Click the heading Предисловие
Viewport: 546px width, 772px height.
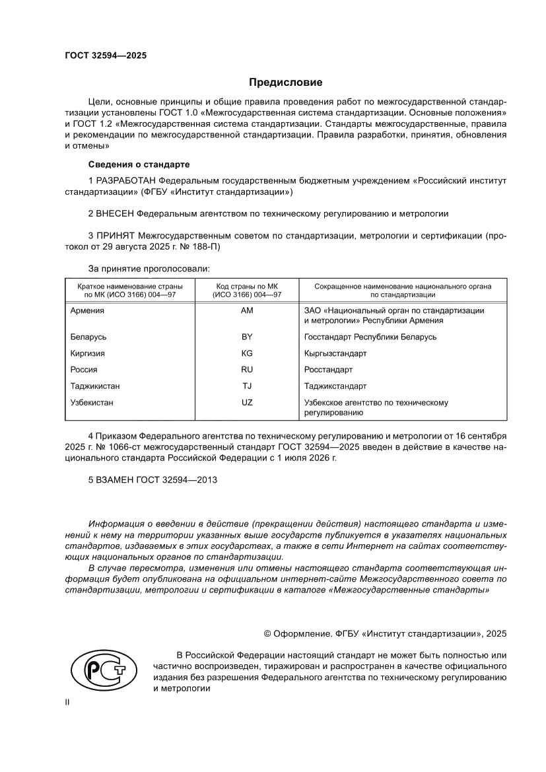[285, 83]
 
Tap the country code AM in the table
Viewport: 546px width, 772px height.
[248, 310]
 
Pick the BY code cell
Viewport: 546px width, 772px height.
[248, 337]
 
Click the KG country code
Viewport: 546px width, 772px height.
[248, 353]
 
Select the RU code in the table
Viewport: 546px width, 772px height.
[248, 370]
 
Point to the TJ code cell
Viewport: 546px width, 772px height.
[248, 386]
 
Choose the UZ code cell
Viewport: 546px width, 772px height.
[248, 402]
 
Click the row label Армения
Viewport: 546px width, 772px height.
[87, 310]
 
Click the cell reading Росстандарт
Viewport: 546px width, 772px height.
[328, 370]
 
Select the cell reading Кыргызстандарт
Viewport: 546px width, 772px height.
[335, 353]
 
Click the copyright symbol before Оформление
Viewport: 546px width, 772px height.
[269, 633]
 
